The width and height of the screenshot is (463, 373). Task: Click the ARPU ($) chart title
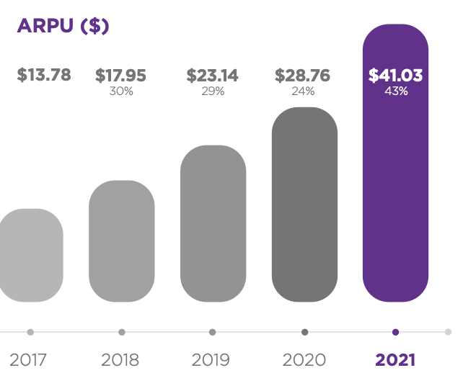63,26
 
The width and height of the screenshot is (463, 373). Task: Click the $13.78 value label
43,75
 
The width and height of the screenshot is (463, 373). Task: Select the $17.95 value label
121,75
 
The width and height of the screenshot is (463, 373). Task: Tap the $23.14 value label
213,75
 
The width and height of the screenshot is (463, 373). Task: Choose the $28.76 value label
304,75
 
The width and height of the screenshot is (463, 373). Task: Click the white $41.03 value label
395,75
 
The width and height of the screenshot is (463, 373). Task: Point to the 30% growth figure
121,91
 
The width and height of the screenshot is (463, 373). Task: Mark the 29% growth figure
213,91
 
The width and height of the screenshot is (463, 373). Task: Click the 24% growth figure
304,91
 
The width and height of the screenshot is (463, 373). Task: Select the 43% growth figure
396,91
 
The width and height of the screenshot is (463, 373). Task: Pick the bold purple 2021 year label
395,359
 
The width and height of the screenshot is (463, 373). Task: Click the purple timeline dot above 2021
395,332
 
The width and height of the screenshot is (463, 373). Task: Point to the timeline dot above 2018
122,332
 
